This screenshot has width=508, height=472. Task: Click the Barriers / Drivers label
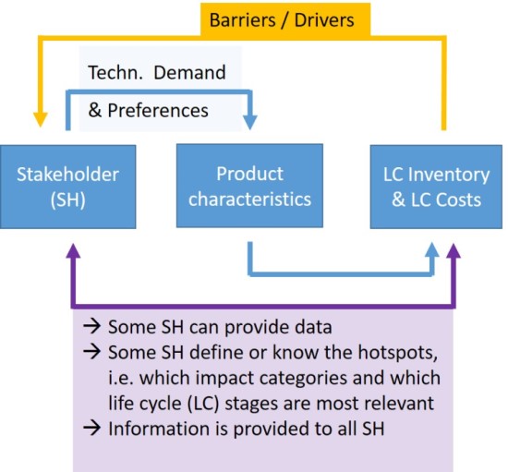(x=282, y=20)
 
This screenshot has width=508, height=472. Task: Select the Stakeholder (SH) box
(x=68, y=187)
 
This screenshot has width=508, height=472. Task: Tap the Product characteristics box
(x=249, y=186)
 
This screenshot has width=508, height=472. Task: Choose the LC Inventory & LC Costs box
(x=436, y=187)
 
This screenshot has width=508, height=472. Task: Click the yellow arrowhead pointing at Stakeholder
(x=41, y=119)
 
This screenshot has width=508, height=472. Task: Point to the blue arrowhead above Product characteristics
(x=249, y=122)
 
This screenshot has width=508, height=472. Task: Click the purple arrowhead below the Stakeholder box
(x=73, y=251)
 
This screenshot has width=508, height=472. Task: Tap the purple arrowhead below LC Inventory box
(x=454, y=251)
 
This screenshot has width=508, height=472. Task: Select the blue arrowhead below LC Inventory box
(x=432, y=249)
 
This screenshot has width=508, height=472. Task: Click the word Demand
(x=189, y=72)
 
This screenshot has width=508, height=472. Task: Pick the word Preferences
(x=158, y=111)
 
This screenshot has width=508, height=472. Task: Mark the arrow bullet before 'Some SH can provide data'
(x=92, y=326)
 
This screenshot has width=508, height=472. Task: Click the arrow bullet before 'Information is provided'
(x=92, y=429)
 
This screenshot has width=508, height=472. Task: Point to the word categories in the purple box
(x=303, y=378)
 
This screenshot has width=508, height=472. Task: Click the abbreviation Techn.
(x=115, y=72)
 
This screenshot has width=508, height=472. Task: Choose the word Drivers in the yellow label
(x=324, y=20)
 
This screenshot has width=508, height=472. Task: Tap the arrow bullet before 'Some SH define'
(x=92, y=352)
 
